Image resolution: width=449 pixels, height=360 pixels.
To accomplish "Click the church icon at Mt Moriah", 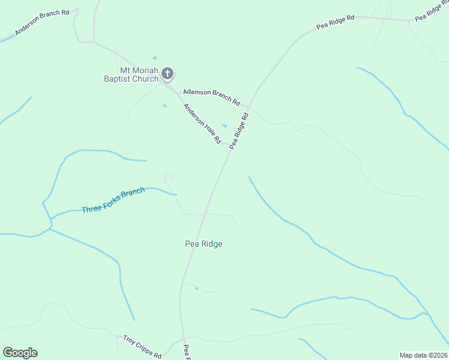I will point(167,74).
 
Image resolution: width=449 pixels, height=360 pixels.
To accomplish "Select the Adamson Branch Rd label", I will point(211,95).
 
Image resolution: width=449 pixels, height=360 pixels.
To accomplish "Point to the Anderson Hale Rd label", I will point(202,124).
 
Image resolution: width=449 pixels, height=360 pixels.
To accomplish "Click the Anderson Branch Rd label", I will point(43,22).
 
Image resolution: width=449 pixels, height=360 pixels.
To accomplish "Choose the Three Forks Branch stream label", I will point(113,200).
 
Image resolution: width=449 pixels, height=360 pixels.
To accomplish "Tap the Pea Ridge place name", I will point(203,244).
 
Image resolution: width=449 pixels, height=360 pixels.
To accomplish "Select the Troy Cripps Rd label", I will point(142,346).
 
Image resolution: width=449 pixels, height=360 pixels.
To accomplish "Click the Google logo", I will point(20,353).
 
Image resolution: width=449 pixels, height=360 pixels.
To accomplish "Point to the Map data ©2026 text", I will point(424,355).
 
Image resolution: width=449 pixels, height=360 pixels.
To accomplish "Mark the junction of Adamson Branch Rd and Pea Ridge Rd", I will point(250,107).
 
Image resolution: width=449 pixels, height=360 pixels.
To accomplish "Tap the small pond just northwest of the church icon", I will point(154,58).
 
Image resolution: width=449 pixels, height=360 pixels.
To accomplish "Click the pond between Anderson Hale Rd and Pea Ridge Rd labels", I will point(224,125).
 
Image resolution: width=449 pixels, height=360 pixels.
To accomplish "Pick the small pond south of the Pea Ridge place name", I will point(196,289).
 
